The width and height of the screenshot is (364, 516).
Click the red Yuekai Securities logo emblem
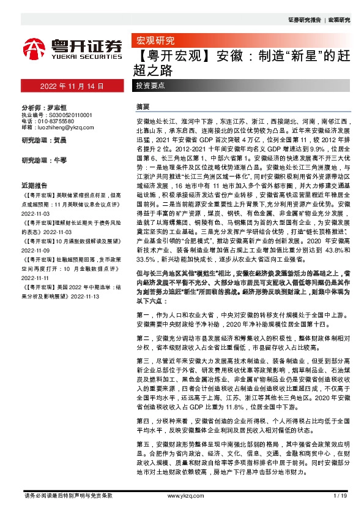[x=33, y=47]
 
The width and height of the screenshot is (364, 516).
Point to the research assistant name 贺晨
[x=60, y=140]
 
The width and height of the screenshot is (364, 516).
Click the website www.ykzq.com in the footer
[x=181, y=495]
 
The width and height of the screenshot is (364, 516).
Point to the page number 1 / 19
[x=340, y=495]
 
